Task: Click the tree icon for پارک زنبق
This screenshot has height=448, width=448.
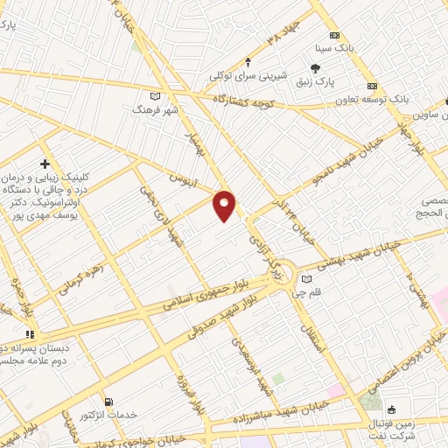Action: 315,68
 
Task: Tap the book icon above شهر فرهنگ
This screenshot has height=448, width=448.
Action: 156,95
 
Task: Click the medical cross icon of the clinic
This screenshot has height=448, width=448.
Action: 45,164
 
